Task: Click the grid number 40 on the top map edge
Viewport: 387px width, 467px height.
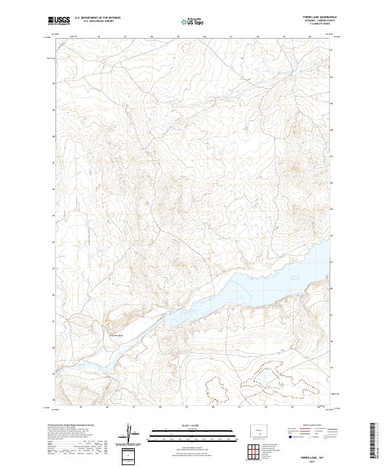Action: (204, 37)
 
